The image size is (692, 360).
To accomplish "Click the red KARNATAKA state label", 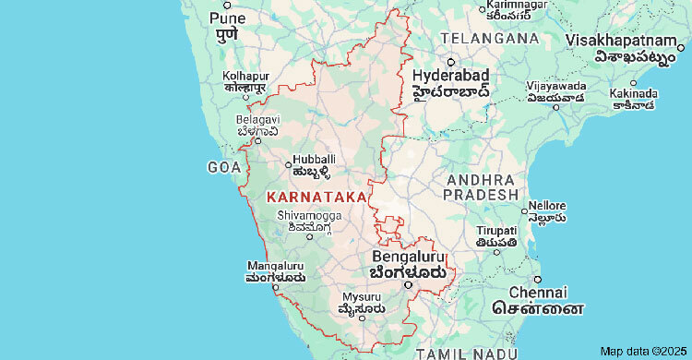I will pyautogui.click(x=310, y=198).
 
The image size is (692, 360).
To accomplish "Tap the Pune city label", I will pyautogui.click(x=228, y=18).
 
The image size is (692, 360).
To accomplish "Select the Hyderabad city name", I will pyautogui.click(x=450, y=75).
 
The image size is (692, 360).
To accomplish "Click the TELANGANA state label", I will pyautogui.click(x=489, y=39).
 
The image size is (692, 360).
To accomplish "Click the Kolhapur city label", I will pyautogui.click(x=245, y=76).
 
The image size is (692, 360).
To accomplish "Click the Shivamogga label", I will pyautogui.click(x=309, y=216).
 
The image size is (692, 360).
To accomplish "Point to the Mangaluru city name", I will pyautogui.click(x=275, y=266).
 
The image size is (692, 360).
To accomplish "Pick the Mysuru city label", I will pyautogui.click(x=361, y=297).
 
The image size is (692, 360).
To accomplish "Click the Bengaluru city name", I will pyautogui.click(x=407, y=256).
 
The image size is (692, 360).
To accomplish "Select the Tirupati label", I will pyautogui.click(x=496, y=231).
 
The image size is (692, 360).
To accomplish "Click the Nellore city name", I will pyautogui.click(x=548, y=204).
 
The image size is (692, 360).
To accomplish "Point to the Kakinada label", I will pyautogui.click(x=632, y=94).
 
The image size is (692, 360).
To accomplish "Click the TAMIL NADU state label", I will pyautogui.click(x=461, y=354).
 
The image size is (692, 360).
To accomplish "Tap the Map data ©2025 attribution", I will pyautogui.click(x=642, y=351).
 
